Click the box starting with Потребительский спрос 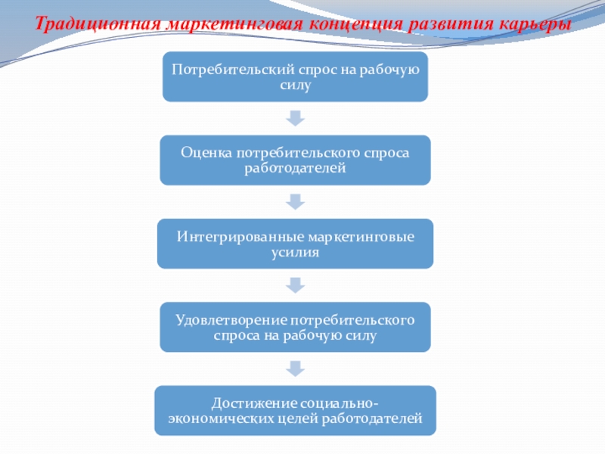point(295,77)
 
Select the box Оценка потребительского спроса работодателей point(295,160)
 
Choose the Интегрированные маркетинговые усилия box point(295,244)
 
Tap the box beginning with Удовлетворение point(295,327)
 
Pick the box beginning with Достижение point(295,410)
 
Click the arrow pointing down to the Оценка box point(295,118)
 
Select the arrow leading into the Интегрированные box point(295,201)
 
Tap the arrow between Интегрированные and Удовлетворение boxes point(295,285)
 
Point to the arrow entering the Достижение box point(295,368)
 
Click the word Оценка point(206,153)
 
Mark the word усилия point(295,252)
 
